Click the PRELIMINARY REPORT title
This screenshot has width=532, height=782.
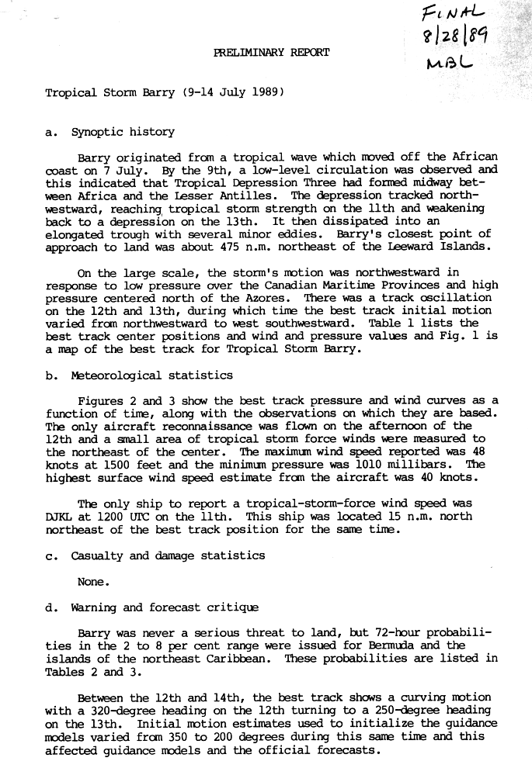pos(271,53)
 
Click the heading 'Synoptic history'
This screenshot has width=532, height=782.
pos(123,132)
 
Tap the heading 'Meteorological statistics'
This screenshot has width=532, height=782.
pos(151,375)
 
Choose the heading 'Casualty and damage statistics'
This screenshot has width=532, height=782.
pos(168,555)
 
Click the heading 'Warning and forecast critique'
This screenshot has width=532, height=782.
pos(165,607)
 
